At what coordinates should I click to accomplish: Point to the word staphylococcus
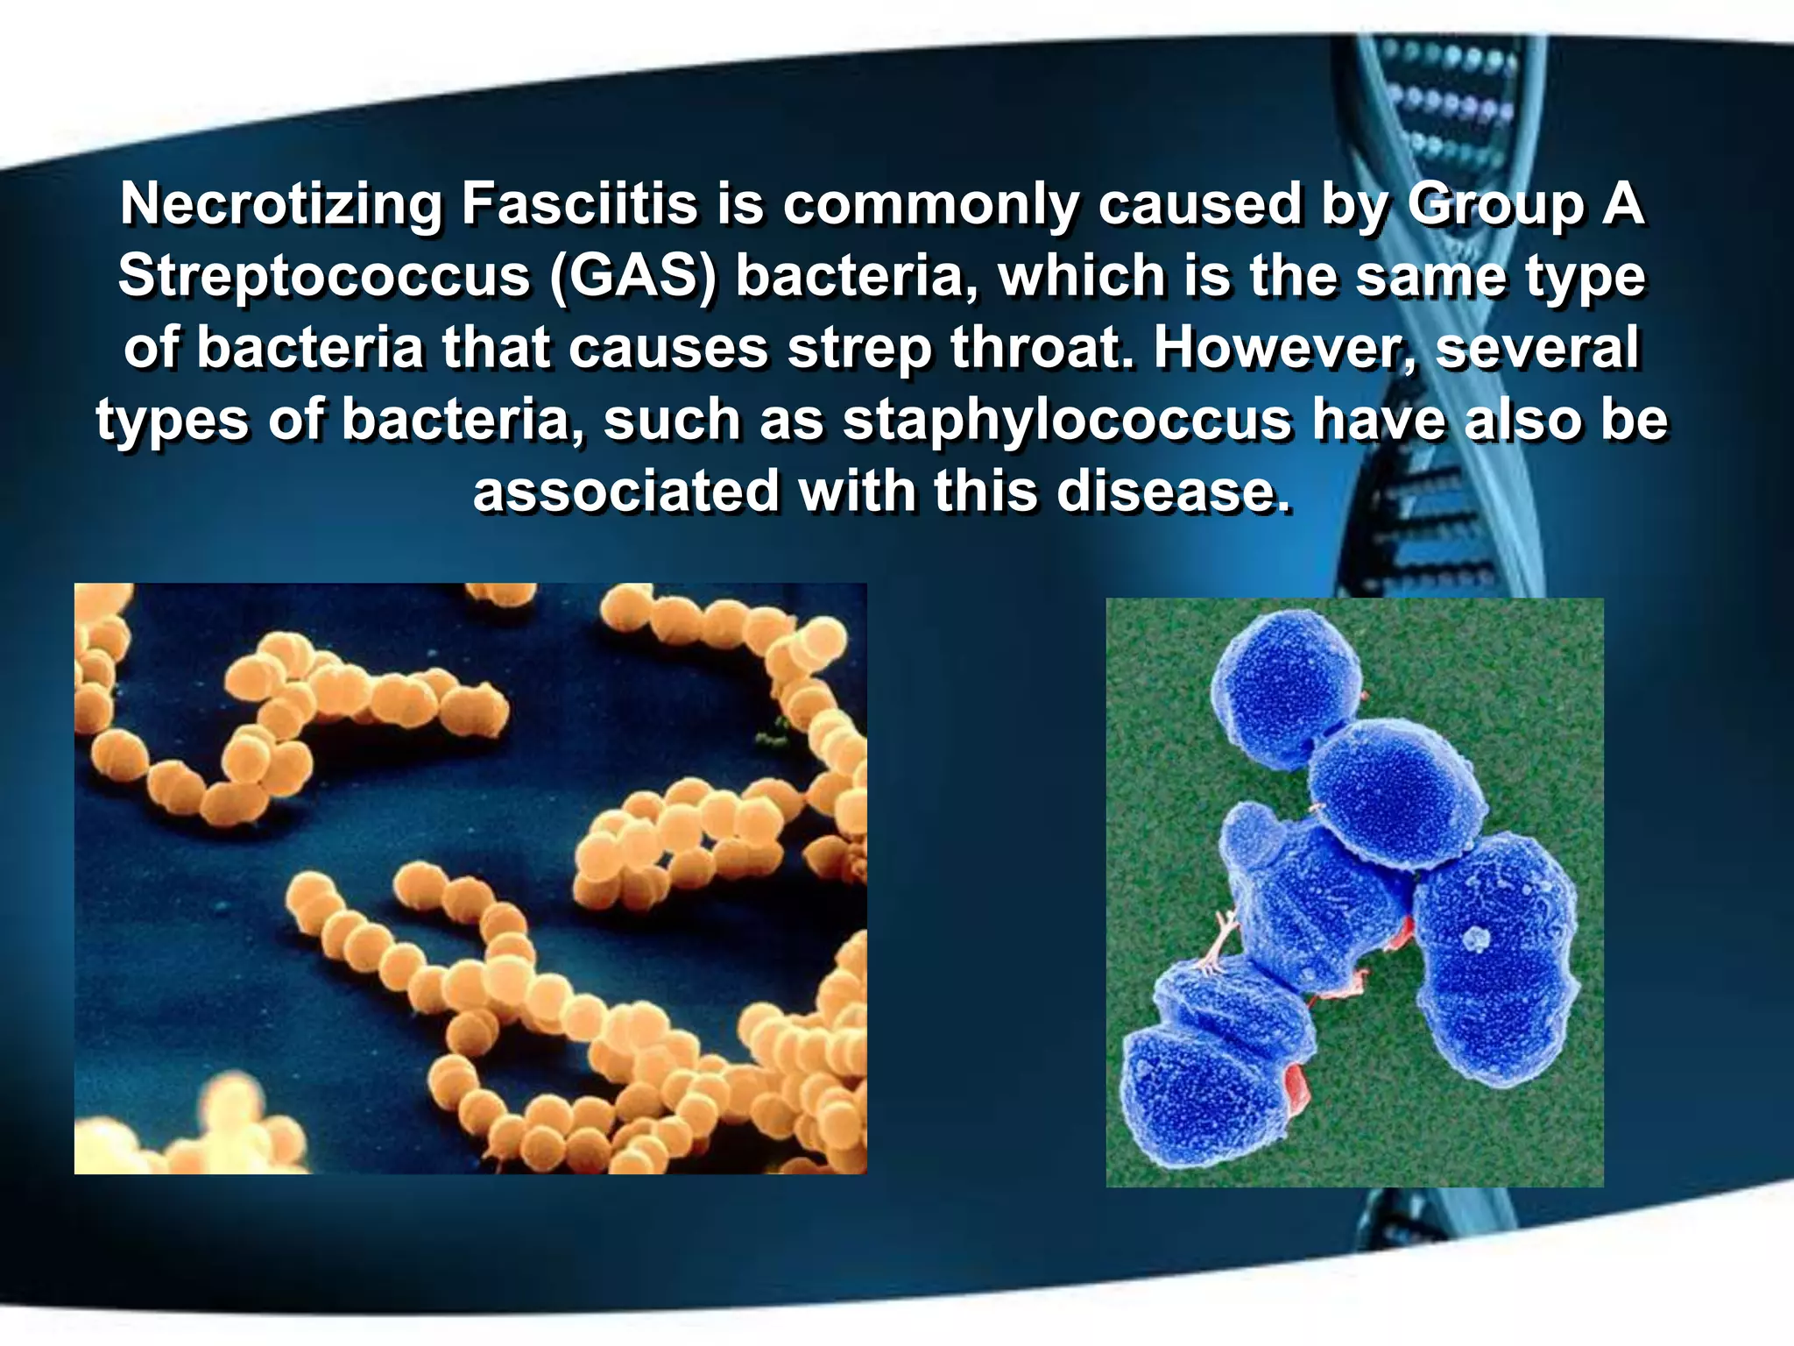(x=1067, y=421)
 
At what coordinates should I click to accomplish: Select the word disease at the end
(x=1174, y=491)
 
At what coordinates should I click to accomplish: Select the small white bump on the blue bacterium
(x=1477, y=939)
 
